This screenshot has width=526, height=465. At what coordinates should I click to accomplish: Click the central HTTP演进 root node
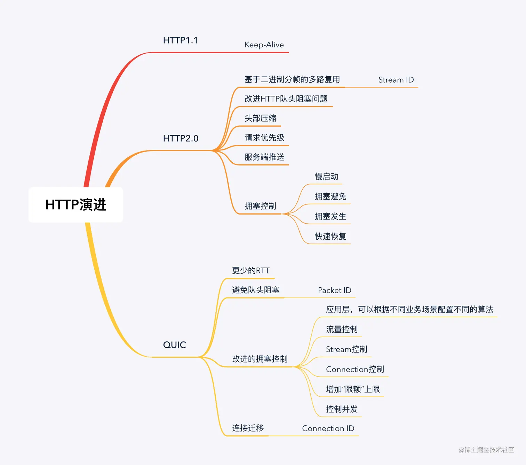pos(76,205)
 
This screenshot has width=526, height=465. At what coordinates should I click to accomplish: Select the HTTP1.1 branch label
pos(180,40)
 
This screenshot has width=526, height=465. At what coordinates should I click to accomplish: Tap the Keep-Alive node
pos(264,45)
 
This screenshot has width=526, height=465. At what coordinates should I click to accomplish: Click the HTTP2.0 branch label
pos(181,139)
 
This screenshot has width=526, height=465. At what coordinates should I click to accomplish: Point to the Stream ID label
pos(396,80)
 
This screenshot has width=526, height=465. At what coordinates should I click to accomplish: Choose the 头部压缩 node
pos(260,118)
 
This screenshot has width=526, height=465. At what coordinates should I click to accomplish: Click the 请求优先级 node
pos(264,138)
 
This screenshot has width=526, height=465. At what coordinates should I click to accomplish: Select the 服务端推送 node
pos(264,157)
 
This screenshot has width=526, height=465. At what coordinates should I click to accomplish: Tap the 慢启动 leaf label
pos(326,177)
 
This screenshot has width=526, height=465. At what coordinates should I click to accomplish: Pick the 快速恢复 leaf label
pos(330,237)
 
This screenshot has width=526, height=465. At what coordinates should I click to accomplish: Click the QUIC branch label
pos(175,345)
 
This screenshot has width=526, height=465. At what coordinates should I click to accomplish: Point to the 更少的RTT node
pos(250,271)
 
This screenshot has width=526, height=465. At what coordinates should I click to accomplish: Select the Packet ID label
pos(335,290)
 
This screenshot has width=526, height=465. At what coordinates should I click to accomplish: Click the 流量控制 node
pos(342,330)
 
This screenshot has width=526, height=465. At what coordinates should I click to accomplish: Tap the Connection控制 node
pos(355,370)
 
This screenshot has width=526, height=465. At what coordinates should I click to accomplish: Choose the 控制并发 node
pos(342,409)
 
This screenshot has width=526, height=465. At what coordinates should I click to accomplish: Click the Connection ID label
pos(328,428)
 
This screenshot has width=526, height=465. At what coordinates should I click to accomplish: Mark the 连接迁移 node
pos(248,428)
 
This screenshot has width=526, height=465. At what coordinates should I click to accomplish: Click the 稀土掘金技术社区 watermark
pos(486,450)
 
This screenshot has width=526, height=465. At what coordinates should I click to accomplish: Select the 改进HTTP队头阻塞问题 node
pos(286,99)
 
